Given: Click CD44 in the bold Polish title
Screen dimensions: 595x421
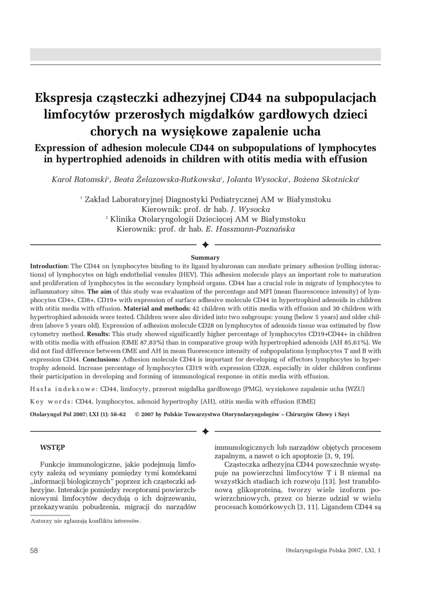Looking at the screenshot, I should pos(250,97).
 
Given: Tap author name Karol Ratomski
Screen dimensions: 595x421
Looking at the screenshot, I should pos(79,180).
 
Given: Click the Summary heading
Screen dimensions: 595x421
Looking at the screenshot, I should pos(205,257).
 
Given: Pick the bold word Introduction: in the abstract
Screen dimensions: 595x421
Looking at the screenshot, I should pos(50,265).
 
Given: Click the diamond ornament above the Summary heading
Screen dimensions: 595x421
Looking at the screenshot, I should pos(205,246).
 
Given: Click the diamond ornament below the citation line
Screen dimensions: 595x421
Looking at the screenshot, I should pos(205,432).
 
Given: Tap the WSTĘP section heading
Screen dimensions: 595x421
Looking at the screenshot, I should pos(52,448).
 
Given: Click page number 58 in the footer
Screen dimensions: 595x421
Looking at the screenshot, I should pos(35,550).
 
